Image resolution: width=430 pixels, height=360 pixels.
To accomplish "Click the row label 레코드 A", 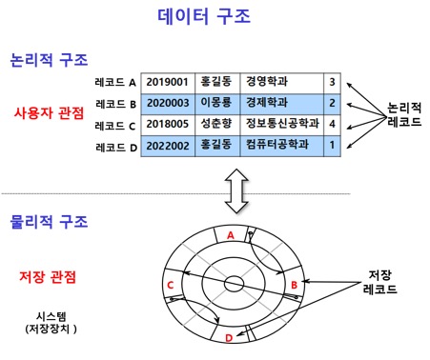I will (x=116, y=82).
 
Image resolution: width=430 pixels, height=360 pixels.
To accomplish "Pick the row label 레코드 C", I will (x=116, y=125).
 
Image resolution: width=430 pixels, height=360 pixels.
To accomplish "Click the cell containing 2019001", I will (x=168, y=82).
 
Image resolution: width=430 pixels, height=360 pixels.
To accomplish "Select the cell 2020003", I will (x=168, y=103).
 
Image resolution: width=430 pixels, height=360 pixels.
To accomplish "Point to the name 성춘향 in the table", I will (x=216, y=125).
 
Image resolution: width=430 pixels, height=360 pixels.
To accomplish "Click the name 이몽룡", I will (x=216, y=103).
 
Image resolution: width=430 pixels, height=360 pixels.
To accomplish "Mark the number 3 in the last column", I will (x=331, y=82).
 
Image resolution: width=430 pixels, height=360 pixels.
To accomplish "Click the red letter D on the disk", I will (x=228, y=337).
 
